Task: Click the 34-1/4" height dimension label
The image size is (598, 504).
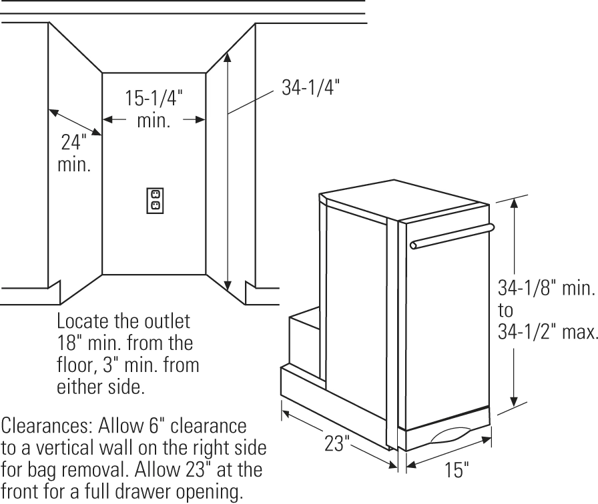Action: coord(310,87)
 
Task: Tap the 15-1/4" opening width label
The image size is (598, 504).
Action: coord(154,98)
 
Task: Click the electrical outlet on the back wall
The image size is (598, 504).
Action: coord(156,201)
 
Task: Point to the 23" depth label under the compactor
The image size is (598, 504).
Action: coord(337,443)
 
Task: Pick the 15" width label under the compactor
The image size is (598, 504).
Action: coord(457,469)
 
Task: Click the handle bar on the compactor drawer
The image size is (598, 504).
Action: coord(452,237)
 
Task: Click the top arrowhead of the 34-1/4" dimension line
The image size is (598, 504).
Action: coord(228,57)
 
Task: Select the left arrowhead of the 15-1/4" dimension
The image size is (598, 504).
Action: coord(108,119)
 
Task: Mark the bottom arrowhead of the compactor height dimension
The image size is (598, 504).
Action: coord(514,401)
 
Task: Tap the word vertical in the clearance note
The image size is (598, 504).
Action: coord(66,448)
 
